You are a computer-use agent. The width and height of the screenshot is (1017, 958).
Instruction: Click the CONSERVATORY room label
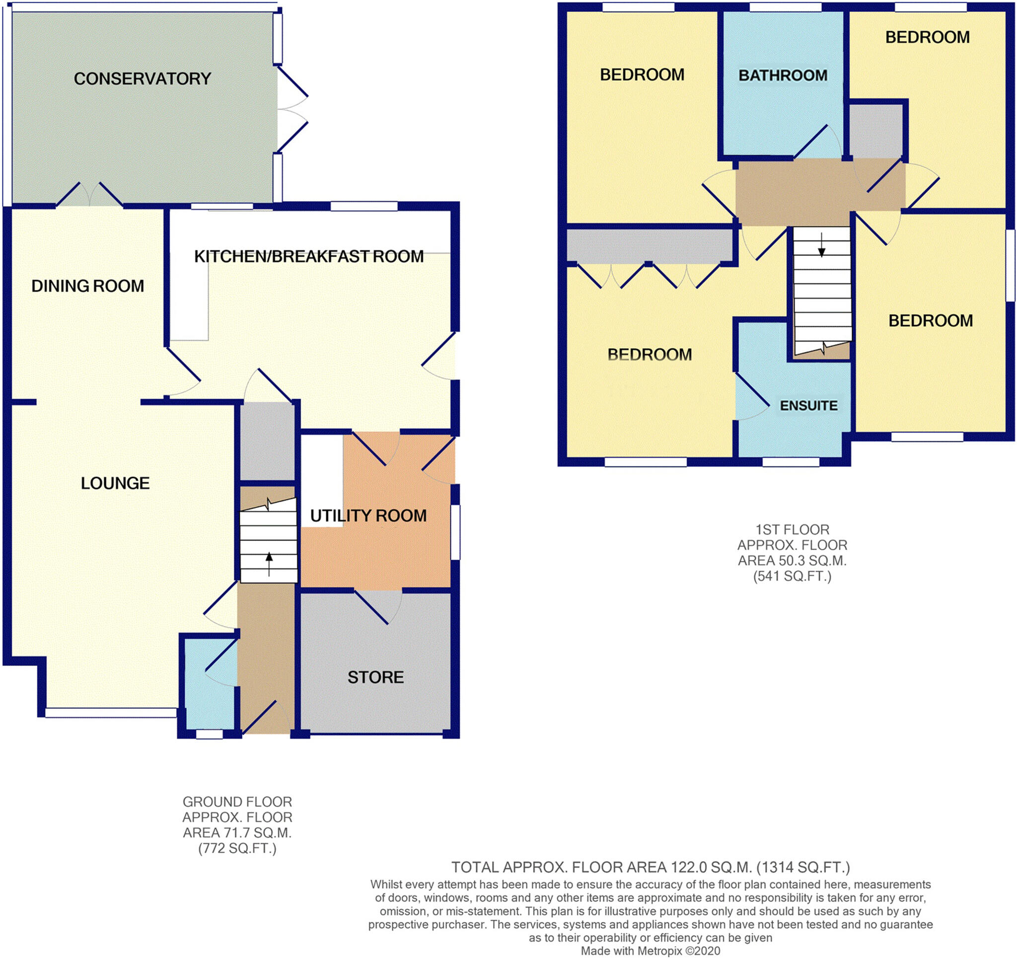point(142,79)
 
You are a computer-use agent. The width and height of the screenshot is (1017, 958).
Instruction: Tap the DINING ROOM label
point(87,286)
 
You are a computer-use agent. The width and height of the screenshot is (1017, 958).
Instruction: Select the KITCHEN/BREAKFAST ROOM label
point(308,256)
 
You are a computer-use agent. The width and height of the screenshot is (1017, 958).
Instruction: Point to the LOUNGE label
point(115,483)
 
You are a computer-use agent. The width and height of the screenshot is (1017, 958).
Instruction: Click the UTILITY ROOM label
point(368,516)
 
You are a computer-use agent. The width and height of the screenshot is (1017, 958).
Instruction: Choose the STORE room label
point(375,677)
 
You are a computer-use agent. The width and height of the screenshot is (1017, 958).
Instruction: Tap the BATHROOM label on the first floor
point(783,76)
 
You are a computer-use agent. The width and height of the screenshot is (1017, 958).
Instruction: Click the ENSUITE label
point(808,406)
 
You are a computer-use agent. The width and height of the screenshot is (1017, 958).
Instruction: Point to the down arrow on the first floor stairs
point(821,245)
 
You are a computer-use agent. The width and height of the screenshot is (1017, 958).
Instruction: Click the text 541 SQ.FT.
point(792,576)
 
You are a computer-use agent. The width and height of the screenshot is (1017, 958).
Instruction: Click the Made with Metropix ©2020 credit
point(650,951)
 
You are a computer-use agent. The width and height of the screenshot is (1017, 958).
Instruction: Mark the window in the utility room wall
point(455,532)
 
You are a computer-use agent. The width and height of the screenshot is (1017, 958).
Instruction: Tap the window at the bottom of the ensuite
point(791,462)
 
